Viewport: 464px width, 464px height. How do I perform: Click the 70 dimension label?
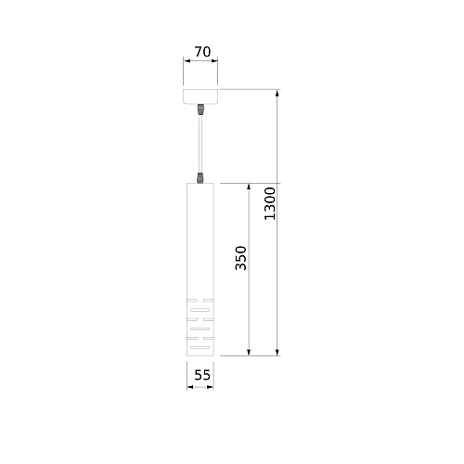click(x=202, y=52)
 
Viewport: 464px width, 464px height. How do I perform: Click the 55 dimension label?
click(x=202, y=375)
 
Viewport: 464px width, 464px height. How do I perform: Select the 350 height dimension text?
click(x=240, y=258)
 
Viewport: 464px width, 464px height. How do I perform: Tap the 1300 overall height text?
click(x=269, y=203)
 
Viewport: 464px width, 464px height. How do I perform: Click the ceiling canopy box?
click(x=200, y=97)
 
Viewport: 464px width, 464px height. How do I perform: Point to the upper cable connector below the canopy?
click(x=200, y=110)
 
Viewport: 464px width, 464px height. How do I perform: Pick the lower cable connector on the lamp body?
click(x=200, y=178)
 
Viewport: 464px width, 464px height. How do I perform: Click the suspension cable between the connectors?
click(x=200, y=144)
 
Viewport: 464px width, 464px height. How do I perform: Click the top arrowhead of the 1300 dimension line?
click(x=277, y=93)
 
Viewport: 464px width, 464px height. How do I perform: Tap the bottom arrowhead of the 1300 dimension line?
click(x=277, y=353)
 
